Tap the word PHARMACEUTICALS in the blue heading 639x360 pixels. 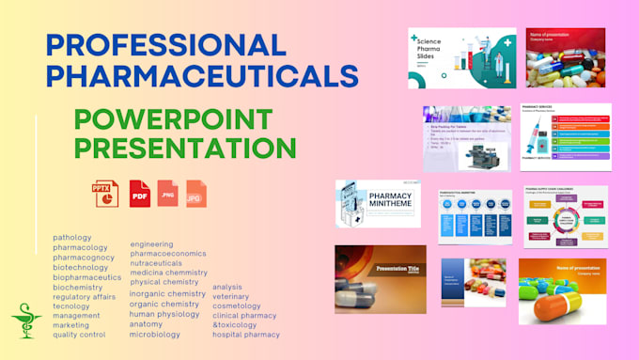coord(202,75)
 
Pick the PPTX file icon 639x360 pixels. coord(105,194)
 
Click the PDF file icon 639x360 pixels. coord(139,194)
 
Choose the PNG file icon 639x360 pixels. coord(167,194)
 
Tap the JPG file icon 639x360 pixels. coord(195,194)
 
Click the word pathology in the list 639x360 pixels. coord(72,237)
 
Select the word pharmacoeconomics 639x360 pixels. coord(168,254)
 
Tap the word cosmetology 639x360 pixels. coord(237,305)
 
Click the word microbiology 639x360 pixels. coord(155,334)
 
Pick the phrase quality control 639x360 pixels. coord(79,335)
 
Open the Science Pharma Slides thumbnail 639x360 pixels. coord(461,57)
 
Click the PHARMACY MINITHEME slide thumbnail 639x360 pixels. coord(378,204)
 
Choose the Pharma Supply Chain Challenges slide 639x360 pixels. coord(565,216)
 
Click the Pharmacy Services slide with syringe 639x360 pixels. coord(565,136)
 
